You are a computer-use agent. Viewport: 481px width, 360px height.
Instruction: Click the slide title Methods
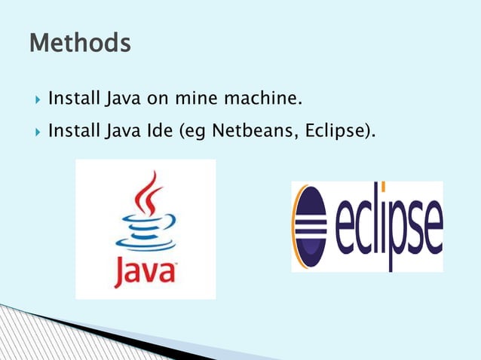[80, 43]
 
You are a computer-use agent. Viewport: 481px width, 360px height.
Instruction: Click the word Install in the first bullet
[73, 98]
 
